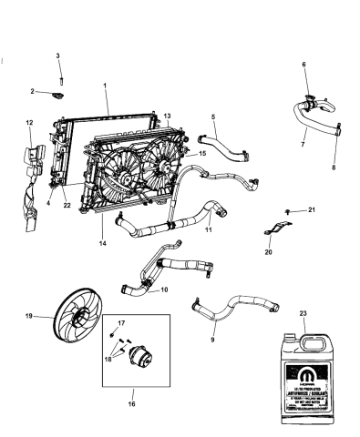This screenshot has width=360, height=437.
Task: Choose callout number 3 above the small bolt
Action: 58,57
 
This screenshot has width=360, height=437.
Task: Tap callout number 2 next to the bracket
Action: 33,92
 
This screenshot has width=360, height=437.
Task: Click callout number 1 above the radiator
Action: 106,85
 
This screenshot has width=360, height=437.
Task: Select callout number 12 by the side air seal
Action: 29,122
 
